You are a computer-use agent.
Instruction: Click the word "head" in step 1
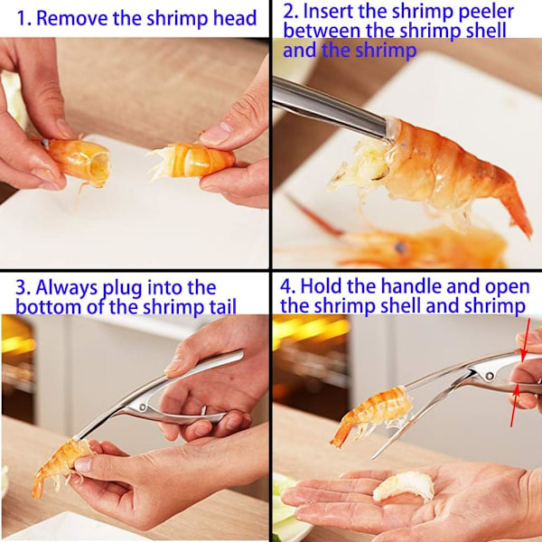coord(235,18)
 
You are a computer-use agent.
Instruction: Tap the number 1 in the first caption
coord(21,19)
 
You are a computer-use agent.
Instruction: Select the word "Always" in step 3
coord(66,287)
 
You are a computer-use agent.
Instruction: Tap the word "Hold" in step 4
coord(321,286)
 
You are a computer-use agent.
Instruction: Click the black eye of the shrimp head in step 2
coord(400,247)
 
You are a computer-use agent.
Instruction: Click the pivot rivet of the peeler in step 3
coord(143,406)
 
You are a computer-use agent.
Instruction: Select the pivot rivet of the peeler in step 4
coord(490,376)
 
